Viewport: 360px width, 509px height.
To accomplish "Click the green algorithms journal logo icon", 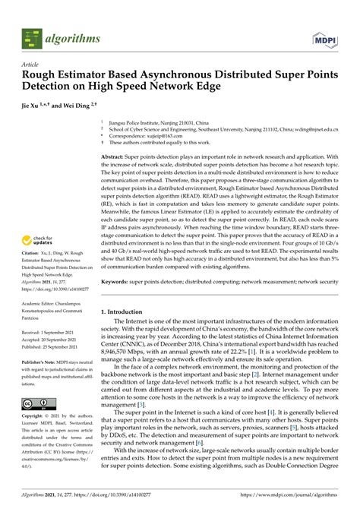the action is (30, 36).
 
